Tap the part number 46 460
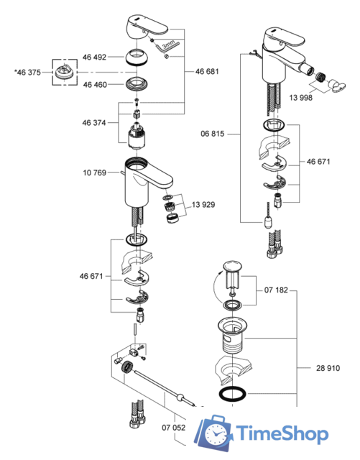[95, 85]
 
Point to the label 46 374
[95, 123]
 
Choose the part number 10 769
[95, 173]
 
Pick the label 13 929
[203, 205]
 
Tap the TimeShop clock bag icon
[218, 434]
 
